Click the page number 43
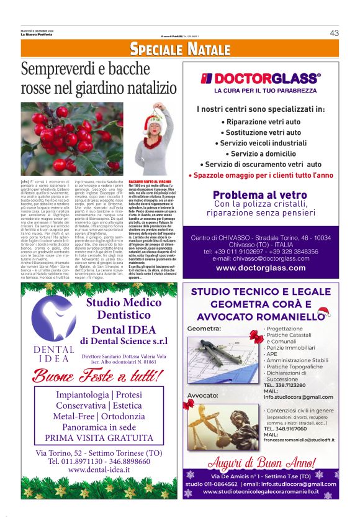[334, 33]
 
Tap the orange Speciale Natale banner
[180, 50]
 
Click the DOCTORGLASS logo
[261, 78]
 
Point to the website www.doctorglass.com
[261, 268]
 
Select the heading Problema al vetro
[260, 195]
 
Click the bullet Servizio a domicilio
[261, 153]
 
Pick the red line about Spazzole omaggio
[261, 175]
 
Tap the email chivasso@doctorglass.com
[261, 258]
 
